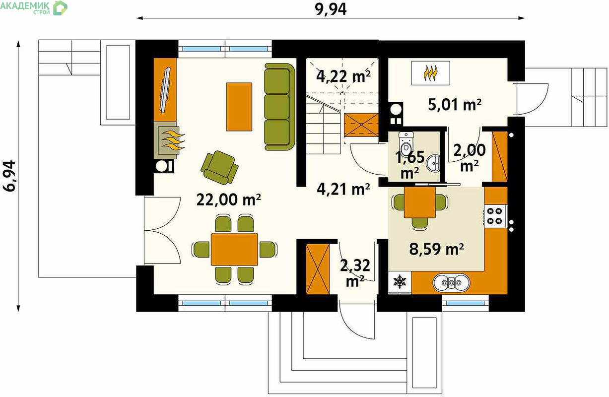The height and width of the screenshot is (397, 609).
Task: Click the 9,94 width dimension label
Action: tap(331, 9)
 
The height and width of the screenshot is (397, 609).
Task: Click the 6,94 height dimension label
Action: tap(10, 176)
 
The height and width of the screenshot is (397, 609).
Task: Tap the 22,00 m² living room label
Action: tap(229, 200)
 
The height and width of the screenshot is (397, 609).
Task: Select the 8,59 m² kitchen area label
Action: tap(436, 249)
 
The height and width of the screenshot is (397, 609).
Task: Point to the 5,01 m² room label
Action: tap(455, 105)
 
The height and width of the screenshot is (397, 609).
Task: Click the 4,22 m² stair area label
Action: tap(343, 76)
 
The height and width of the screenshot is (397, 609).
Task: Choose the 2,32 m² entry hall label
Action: tap(355, 273)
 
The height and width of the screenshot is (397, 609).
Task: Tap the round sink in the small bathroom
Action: tap(433, 164)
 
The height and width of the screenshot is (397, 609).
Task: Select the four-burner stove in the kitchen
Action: tap(495, 216)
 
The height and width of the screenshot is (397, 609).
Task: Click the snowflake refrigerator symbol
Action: tap(400, 282)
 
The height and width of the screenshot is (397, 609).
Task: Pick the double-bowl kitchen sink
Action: tap(451, 283)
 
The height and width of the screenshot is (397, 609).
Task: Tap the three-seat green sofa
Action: tap(280, 107)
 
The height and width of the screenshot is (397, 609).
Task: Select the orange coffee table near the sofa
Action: tap(239, 107)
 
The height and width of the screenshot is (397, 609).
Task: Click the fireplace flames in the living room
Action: tap(173, 140)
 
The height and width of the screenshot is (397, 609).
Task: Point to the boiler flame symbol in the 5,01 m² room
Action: tap(430, 73)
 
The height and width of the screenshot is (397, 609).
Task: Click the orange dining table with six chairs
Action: tap(234, 249)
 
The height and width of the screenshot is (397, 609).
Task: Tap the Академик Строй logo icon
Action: tap(60, 7)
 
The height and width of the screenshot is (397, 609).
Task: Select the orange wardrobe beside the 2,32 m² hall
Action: tap(318, 269)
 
